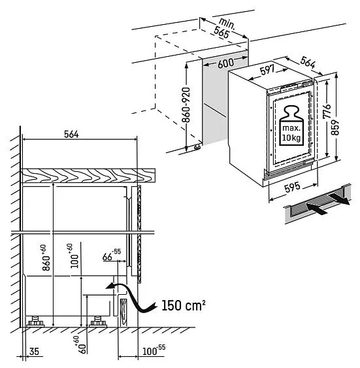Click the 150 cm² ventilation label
tap(184, 305)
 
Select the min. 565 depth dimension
tap(224, 28)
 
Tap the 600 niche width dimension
tap(225, 63)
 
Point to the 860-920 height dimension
tap(186, 105)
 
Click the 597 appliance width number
tap(267, 70)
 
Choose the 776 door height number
tap(327, 111)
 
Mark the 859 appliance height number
tap(335, 127)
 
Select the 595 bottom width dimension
tap(292, 188)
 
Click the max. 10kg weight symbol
tap(291, 125)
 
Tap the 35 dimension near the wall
tap(34, 352)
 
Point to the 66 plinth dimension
tap(112, 255)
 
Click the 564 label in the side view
tap(71, 134)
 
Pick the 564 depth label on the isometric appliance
tap(308, 62)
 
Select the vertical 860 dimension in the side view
tap(46, 258)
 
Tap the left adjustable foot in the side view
tap(35, 322)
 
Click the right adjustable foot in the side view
tap(98, 322)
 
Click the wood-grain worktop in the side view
tap(88, 175)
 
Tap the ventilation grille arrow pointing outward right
tap(339, 198)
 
